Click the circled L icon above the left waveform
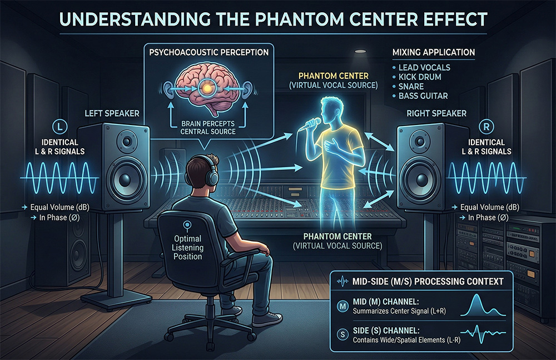59,127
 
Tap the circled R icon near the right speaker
486,127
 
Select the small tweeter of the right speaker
420,141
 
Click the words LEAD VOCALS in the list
424,67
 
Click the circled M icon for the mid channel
342,306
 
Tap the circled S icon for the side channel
342,334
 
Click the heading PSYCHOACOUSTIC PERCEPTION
209,52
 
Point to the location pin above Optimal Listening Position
187,226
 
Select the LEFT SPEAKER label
112,113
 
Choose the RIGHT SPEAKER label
436,113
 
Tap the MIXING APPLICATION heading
433,52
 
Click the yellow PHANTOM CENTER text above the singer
333,76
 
